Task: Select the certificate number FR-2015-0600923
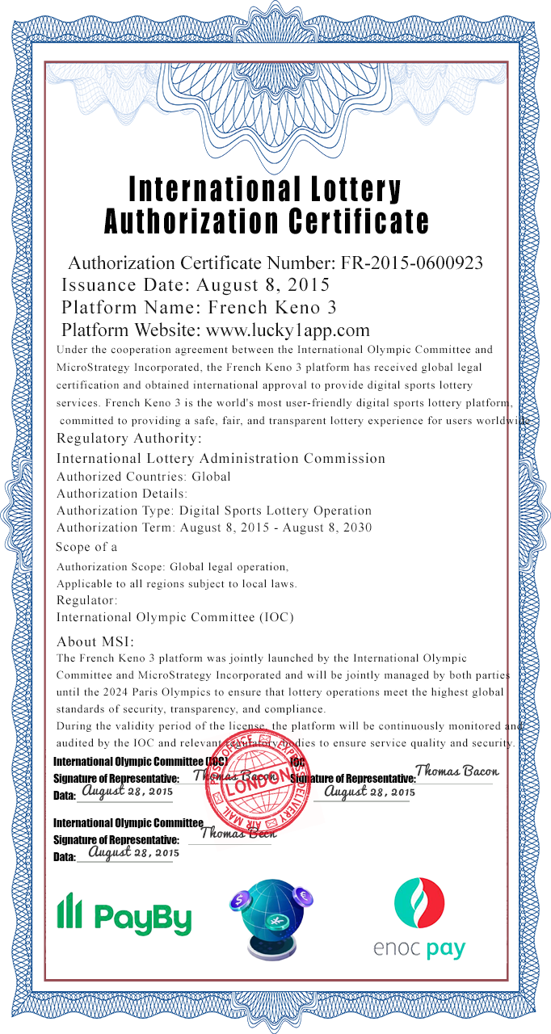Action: [x=412, y=263]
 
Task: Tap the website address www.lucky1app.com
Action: [x=288, y=330]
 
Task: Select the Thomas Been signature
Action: [x=238, y=832]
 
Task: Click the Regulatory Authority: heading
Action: [x=129, y=439]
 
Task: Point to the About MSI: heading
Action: [x=95, y=642]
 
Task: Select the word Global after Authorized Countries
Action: [x=211, y=477]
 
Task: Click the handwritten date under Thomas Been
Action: [x=133, y=852]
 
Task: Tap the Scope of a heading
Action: [x=86, y=547]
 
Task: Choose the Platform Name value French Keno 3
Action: [x=272, y=307]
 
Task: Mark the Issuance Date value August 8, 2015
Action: [x=263, y=284]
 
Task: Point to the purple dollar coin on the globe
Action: [x=242, y=897]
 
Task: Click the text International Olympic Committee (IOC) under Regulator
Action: [x=175, y=617]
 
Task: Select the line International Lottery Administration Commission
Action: [x=221, y=458]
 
